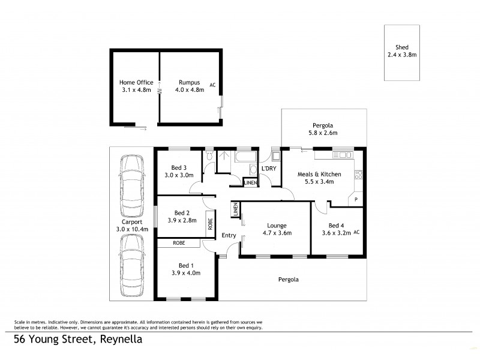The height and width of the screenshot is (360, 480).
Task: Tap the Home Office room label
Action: tap(136, 83)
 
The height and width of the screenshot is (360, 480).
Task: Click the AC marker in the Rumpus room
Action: tap(212, 85)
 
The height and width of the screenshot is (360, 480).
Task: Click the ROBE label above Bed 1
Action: tap(178, 242)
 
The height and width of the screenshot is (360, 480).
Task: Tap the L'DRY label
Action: tap(269, 169)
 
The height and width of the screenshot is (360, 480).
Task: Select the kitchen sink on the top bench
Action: tap(345, 155)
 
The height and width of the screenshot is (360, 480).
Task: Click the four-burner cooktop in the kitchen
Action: tap(359, 175)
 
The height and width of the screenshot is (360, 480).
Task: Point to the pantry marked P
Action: tap(355, 199)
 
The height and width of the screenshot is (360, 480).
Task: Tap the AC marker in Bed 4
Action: tap(356, 232)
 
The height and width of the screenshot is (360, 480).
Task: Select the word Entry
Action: tap(229, 236)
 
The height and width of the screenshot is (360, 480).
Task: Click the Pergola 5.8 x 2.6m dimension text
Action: tap(323, 133)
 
